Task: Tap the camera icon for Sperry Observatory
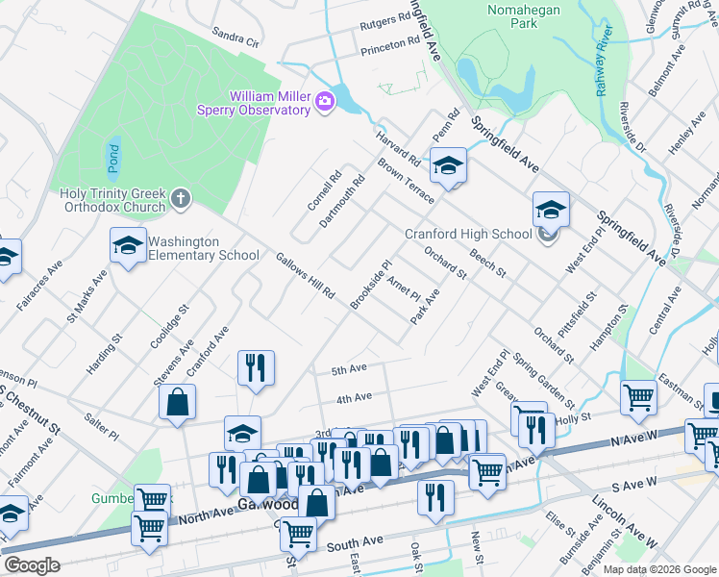coord(325,100)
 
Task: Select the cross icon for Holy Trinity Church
coord(181,198)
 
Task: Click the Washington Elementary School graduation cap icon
coord(128,246)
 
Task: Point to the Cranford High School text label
coord(468,234)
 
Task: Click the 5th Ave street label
coord(350,369)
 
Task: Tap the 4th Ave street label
coord(354,397)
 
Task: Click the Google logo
coord(31,565)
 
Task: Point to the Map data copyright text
coord(658,567)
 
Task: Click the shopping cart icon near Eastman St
coord(638,397)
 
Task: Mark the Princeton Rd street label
coord(391,47)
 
